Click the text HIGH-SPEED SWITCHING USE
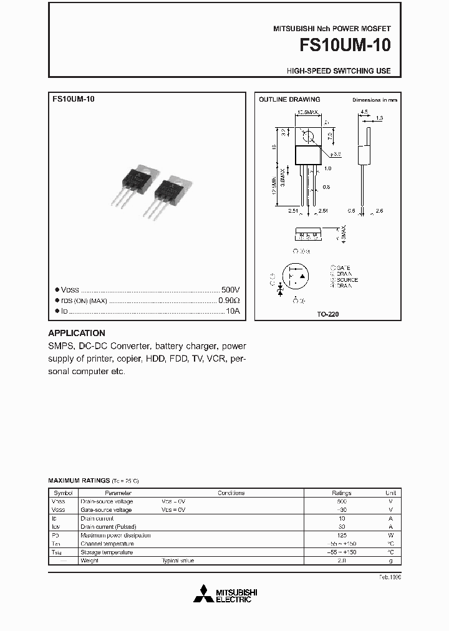coord(339,70)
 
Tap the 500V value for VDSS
coord(230,290)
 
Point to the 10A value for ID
coord(233,311)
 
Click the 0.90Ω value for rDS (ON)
coord(228,301)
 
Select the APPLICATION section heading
coord(77,333)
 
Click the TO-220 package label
coord(328,315)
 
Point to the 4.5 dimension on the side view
coord(364,112)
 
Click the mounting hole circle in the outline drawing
coord(306,135)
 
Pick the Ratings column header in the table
coord(341,493)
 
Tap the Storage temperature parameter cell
coord(107,552)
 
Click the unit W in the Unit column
coord(390,535)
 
